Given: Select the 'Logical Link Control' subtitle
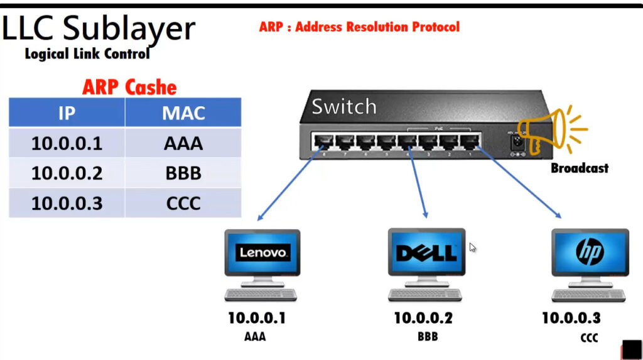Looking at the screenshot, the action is (87, 54).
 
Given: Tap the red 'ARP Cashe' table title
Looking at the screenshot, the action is (129, 87).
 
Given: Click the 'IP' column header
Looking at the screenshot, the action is (67, 113).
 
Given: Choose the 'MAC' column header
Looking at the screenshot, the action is (183, 113).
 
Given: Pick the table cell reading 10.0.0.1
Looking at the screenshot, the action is (67, 143).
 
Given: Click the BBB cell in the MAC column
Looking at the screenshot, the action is (183, 173).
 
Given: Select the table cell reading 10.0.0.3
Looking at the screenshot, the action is (67, 203).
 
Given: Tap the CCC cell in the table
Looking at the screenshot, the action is (183, 203).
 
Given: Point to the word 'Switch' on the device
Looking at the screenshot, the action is (344, 107).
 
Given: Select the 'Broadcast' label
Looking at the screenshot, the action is (580, 168).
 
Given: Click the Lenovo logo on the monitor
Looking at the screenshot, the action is (262, 252).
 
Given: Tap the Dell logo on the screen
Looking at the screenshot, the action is (426, 252).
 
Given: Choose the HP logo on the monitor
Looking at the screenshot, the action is (590, 251).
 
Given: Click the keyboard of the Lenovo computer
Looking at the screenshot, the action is (261, 294).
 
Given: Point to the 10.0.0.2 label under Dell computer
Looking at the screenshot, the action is (423, 318).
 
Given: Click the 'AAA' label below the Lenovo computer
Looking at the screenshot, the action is (255, 337).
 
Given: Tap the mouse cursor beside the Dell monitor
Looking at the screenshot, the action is (472, 247).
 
